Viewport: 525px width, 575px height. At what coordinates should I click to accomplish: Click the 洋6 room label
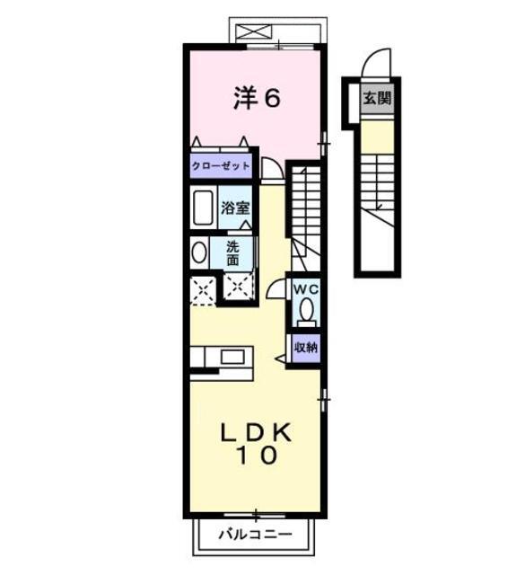[257, 99]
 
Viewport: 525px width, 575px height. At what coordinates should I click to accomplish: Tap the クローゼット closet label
[221, 167]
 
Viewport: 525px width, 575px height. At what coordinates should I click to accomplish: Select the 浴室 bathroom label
[236, 208]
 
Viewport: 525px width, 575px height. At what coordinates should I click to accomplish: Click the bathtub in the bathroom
[204, 208]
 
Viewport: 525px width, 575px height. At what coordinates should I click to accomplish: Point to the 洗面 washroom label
[232, 253]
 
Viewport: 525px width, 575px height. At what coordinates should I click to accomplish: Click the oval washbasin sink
[198, 252]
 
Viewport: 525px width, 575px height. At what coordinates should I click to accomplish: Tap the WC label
[307, 289]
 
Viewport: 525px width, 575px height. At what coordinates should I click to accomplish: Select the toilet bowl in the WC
[307, 311]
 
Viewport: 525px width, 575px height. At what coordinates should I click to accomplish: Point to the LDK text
[256, 433]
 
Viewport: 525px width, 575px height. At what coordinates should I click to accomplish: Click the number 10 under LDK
[256, 456]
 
